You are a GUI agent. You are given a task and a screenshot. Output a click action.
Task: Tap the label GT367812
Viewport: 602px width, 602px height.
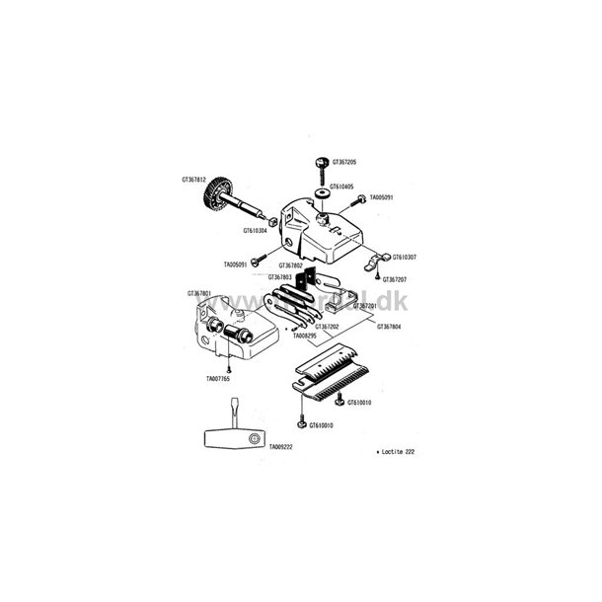coord(194,180)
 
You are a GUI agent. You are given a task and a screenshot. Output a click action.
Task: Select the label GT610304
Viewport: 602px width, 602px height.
coord(256,231)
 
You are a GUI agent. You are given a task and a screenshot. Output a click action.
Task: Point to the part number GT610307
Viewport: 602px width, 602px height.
coord(405,258)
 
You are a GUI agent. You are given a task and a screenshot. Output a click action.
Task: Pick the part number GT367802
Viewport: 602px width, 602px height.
coord(291,265)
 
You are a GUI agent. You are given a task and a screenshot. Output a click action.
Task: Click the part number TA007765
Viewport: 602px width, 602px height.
coord(219,378)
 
